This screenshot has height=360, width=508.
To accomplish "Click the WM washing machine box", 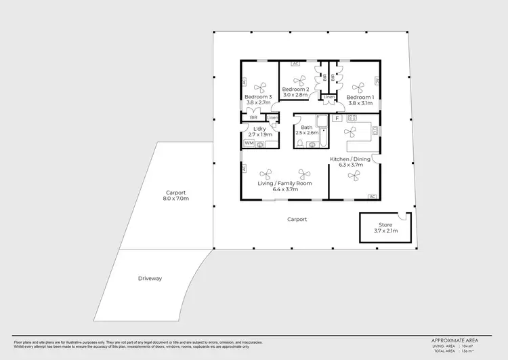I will click(x=249, y=143).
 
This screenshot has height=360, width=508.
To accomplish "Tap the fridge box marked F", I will click(x=337, y=119).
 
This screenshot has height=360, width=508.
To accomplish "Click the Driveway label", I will click(x=150, y=278).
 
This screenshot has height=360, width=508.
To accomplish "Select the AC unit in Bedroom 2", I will click(x=295, y=64).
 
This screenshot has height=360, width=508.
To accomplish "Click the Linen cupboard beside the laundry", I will click(x=272, y=119).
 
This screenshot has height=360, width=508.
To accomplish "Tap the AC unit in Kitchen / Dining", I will click(x=372, y=197).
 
